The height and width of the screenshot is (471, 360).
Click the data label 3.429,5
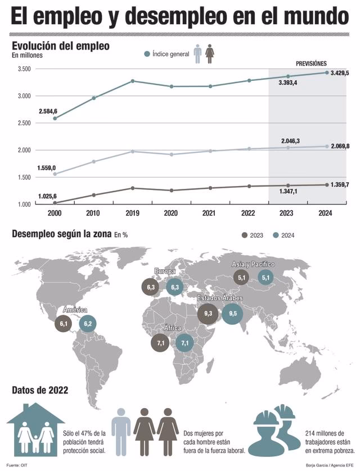click(340, 74)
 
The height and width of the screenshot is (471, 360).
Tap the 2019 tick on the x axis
click(132, 213)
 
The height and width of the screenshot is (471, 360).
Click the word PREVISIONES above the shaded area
click(311, 64)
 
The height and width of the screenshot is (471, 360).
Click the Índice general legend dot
click(147, 54)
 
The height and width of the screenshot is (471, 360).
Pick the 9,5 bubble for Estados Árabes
click(233, 313)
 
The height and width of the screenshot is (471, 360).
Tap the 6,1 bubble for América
click(64, 324)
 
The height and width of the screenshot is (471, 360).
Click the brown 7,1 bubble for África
click(160, 342)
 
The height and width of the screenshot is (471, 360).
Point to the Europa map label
click(165, 271)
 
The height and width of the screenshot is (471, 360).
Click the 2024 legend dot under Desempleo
click(276, 235)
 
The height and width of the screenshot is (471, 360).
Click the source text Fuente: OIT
click(17, 465)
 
